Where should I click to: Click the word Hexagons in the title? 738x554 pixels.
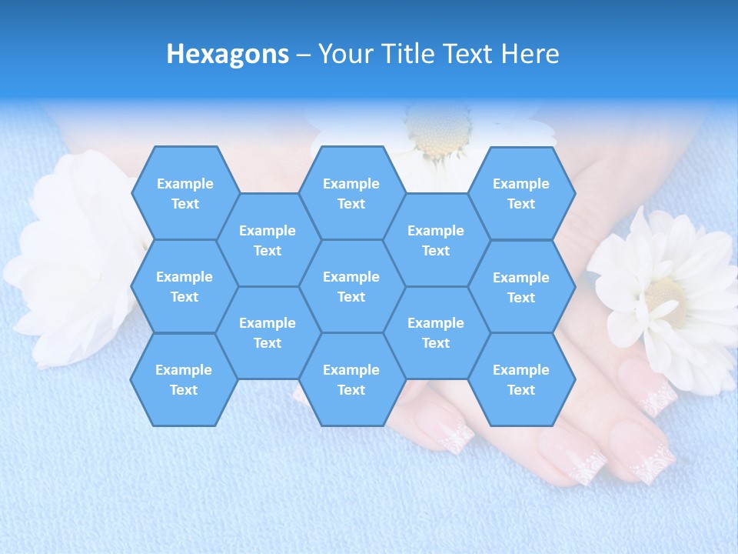tap(228, 54)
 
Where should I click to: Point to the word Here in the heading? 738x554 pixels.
tap(530, 54)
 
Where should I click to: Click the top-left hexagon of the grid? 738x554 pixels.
tap(184, 193)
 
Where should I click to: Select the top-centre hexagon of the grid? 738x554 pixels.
tap(351, 193)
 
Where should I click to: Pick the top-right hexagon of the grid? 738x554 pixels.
tap(521, 193)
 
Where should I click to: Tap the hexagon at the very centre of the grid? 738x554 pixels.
tap(351, 286)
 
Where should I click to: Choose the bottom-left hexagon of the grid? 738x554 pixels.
tap(184, 379)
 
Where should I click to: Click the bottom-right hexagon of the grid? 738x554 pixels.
tap(521, 379)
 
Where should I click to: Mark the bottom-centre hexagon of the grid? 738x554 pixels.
tap(351, 379)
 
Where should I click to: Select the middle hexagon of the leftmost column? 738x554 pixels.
tap(184, 286)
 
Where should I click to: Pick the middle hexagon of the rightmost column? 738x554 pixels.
tap(521, 287)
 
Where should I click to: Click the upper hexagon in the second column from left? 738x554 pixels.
tap(268, 240)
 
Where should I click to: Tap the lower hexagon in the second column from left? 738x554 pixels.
tap(268, 332)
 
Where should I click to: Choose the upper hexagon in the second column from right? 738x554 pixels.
tap(436, 240)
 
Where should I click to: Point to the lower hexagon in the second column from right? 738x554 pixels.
tap(436, 332)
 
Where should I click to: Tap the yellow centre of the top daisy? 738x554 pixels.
tap(436, 131)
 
